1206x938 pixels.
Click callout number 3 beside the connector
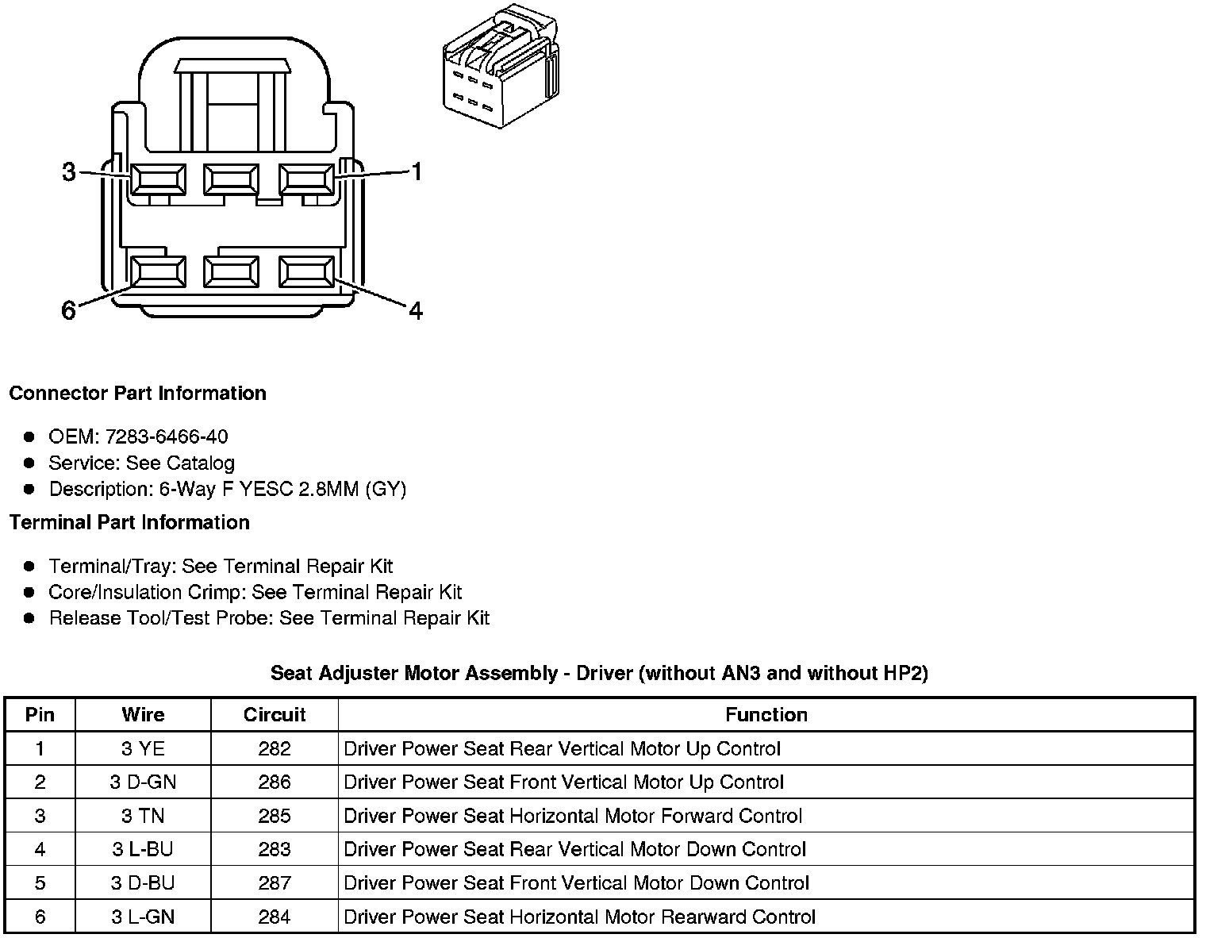69,171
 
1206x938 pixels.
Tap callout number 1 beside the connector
415,171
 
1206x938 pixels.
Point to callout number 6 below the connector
69,309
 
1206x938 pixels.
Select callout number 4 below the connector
415,310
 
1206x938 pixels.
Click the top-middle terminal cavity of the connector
231,179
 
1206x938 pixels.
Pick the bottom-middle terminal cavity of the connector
231,272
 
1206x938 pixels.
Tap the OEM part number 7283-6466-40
166,436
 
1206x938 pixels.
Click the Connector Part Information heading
137,394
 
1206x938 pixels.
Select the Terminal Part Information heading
129,522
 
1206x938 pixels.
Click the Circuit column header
275,714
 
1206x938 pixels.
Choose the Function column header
766,714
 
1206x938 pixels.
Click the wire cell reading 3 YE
143,748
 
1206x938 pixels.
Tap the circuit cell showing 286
275,782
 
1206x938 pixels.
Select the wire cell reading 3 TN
143,816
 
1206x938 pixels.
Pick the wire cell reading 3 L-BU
143,849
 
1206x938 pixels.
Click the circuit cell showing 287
275,883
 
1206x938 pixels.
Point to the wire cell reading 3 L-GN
143,917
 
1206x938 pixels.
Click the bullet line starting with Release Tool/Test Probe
269,618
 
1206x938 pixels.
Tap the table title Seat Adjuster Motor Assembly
599,673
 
